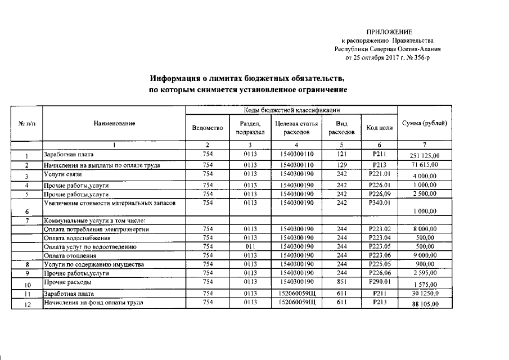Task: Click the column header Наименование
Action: [x=114, y=123]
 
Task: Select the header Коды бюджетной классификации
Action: [x=291, y=110]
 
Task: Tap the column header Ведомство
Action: [x=208, y=128]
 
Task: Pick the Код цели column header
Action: [x=379, y=128]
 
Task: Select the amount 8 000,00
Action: [x=425, y=229]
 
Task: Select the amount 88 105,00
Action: [x=425, y=304]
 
